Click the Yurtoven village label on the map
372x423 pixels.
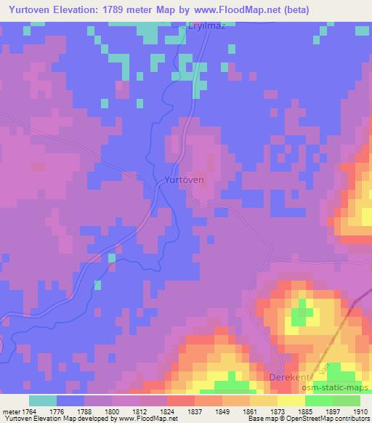185,179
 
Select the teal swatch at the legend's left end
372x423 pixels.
42,400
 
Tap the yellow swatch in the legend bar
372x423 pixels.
291,400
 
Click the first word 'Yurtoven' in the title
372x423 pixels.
26,10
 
